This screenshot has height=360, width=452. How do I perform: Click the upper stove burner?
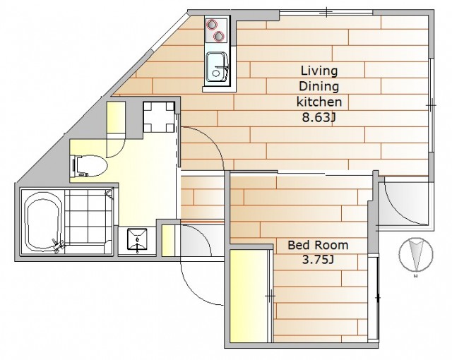(x=212, y=24)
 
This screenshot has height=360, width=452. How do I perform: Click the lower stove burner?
(x=219, y=36)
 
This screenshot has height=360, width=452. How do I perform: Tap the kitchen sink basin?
(x=217, y=67)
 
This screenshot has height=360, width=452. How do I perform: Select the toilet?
(x=90, y=166)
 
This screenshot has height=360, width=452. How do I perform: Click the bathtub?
(x=44, y=221)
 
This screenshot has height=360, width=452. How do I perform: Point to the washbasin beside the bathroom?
(x=137, y=240)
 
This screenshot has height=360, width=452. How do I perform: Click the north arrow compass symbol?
(x=416, y=255)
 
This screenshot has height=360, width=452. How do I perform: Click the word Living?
(x=319, y=71)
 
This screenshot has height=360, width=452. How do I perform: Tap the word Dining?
(x=319, y=86)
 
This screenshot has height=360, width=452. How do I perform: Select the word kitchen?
(x=319, y=102)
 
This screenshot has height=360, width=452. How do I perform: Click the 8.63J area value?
(x=319, y=117)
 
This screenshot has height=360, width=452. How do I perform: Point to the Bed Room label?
(x=319, y=245)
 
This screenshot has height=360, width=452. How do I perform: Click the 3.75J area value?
(x=318, y=260)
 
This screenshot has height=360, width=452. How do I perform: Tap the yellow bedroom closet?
(x=249, y=296)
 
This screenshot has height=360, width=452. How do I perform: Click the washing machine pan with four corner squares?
(x=159, y=117)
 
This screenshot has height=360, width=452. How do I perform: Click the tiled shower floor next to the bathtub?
(x=88, y=216)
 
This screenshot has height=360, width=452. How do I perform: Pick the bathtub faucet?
(x=58, y=245)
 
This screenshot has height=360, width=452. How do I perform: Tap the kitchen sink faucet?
(x=222, y=68)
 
